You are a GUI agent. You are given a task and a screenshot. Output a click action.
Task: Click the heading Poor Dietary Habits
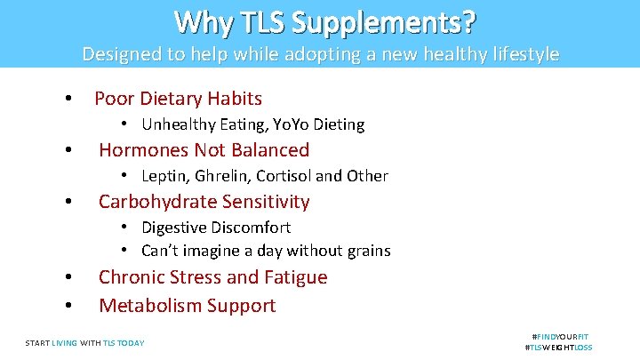point(178,98)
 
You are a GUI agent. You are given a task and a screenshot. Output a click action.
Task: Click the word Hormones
point(141,150)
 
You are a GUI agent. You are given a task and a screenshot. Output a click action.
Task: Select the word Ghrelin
point(228,176)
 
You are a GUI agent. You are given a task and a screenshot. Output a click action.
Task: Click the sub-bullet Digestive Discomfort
point(216,228)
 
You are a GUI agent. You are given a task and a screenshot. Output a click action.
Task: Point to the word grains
point(365,251)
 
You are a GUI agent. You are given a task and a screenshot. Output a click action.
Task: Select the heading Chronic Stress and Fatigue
point(212,277)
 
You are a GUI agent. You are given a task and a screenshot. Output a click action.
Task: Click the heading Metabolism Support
point(187,306)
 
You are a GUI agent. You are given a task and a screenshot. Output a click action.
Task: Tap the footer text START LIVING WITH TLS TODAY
point(84,342)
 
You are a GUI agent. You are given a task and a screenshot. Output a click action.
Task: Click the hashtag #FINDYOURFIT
point(560,337)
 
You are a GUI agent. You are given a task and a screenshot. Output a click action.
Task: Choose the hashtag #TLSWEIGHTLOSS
point(559,348)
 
